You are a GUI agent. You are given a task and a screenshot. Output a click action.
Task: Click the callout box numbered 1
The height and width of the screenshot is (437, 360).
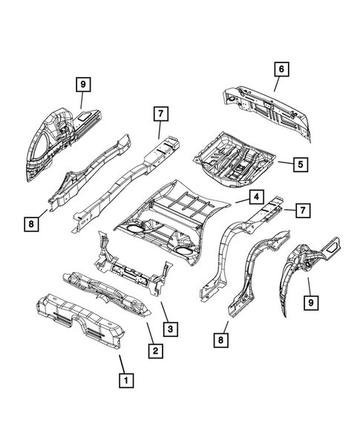(126, 381)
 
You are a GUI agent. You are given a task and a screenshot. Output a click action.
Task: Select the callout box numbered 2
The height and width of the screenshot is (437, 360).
(154, 350)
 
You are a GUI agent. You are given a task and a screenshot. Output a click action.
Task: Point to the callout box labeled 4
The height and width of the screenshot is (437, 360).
(254, 197)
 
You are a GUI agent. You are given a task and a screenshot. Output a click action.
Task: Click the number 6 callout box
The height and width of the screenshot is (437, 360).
(281, 68)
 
